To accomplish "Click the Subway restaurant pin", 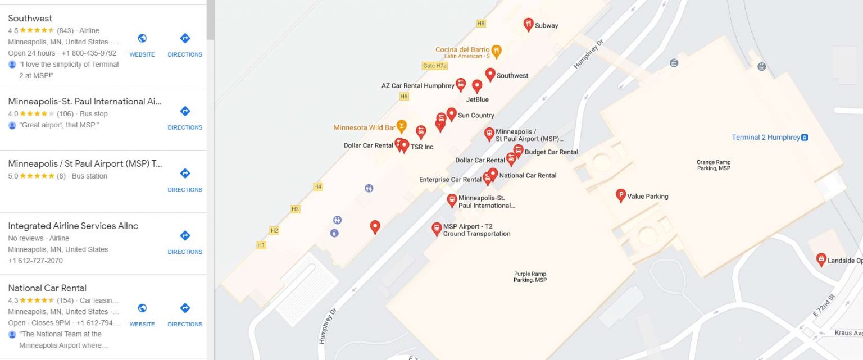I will point(528,24).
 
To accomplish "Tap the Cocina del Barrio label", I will point(462,50).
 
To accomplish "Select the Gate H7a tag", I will point(434,66).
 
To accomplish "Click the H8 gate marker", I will point(480,24).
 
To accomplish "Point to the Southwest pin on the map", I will point(490,74).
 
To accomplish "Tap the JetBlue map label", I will point(478,99).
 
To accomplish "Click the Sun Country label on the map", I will point(476,115).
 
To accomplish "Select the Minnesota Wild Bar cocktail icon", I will point(401,126).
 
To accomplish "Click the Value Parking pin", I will point(621,195).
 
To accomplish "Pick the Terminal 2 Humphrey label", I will point(765,138).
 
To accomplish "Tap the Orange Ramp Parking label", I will point(714,165).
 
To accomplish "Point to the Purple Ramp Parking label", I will point(530,277).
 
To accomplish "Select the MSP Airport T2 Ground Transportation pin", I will point(437,228).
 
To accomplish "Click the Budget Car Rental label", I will point(551,152).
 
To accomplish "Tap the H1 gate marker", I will point(261,245).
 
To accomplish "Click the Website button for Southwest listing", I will point(142,44).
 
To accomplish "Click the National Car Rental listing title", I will point(47,288).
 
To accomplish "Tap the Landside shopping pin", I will point(821,259).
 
